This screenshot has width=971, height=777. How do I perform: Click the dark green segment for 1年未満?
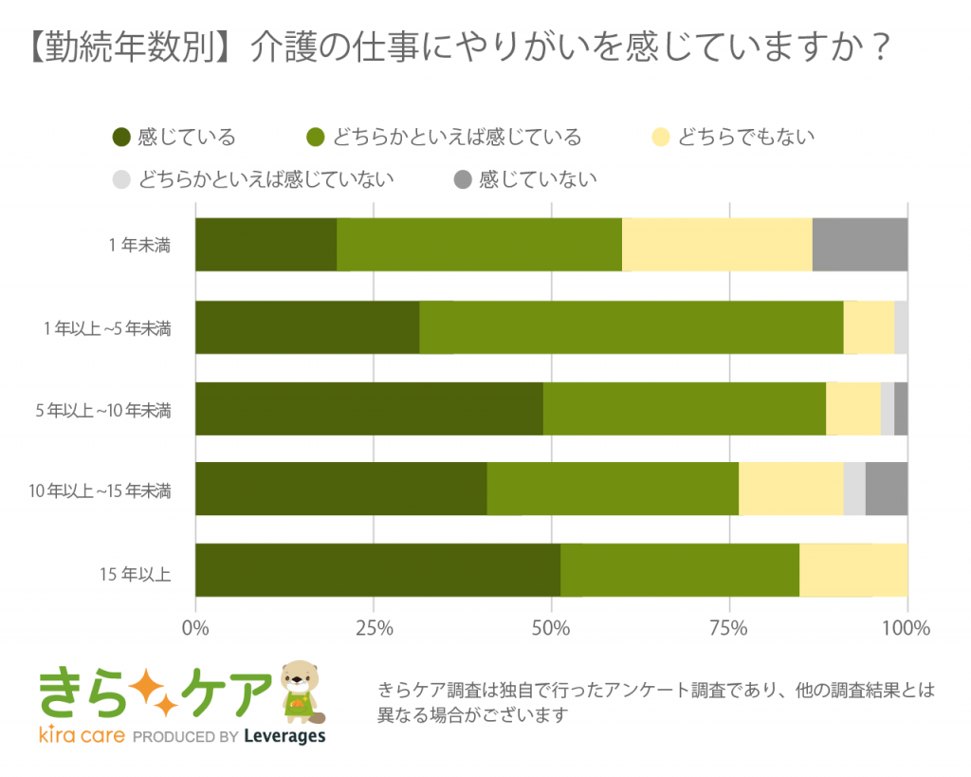pos(266,244)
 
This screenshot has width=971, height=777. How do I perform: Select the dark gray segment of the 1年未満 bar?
pos(860,244)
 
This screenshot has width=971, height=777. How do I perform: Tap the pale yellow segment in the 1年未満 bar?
pos(717,244)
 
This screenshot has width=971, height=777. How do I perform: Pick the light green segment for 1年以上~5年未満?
pos(631,327)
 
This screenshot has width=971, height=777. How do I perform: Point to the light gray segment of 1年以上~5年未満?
pos(901,327)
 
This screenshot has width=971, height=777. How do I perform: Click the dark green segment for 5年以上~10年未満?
pos(369,409)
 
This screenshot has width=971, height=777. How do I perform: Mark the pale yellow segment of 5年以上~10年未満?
pos(853,409)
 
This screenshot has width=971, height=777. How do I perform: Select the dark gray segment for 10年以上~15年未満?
pos(887,489)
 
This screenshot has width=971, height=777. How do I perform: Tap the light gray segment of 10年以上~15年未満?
pos(854,489)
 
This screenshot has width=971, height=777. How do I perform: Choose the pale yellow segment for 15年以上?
pos(853,570)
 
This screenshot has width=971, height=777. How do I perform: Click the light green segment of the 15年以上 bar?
pos(680,570)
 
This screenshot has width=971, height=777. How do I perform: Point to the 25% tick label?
pos(374,628)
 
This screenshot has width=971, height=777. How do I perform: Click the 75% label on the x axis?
pos(729,628)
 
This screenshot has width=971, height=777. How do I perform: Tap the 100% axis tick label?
pos(906,628)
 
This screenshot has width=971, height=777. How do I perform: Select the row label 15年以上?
pos(135,574)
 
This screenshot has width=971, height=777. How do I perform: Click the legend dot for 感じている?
pos(121,137)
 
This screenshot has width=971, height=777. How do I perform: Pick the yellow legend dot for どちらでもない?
pos(661,137)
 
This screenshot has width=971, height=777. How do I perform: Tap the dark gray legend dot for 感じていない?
pos(463,179)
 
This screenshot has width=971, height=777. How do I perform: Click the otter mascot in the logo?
pos(302,693)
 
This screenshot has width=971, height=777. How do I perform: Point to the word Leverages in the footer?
pos(284,736)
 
